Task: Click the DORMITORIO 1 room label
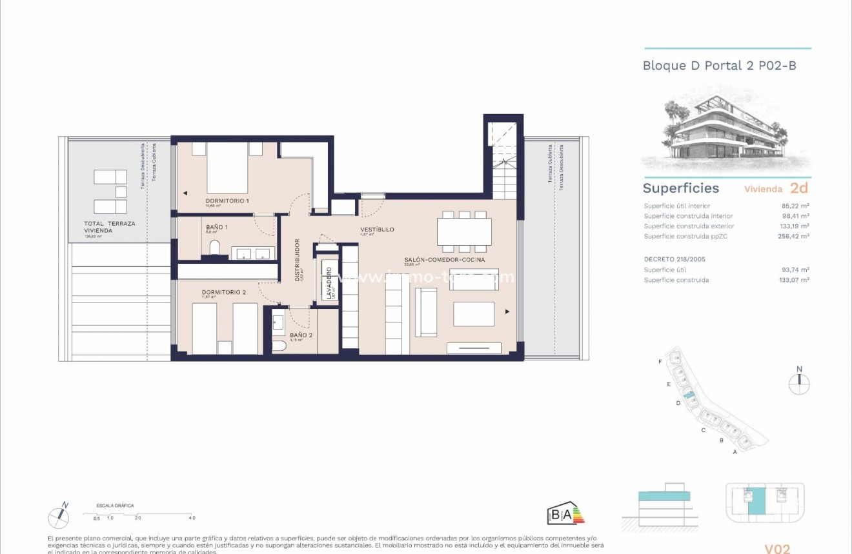pyautogui.click(x=227, y=201)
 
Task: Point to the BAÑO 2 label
pyautogui.click(x=301, y=335)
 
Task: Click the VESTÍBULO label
pyautogui.click(x=377, y=230)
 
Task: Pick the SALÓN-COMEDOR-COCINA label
pyautogui.click(x=444, y=260)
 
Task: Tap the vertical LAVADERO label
pyautogui.click(x=329, y=283)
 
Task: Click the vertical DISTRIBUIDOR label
pyautogui.click(x=298, y=261)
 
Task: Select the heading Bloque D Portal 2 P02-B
pyautogui.click(x=719, y=66)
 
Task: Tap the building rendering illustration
pyautogui.click(x=725, y=133)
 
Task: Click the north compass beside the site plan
pyautogui.click(x=799, y=381)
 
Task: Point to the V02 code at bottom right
pyautogui.click(x=777, y=549)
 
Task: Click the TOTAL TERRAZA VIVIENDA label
pyautogui.click(x=109, y=226)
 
